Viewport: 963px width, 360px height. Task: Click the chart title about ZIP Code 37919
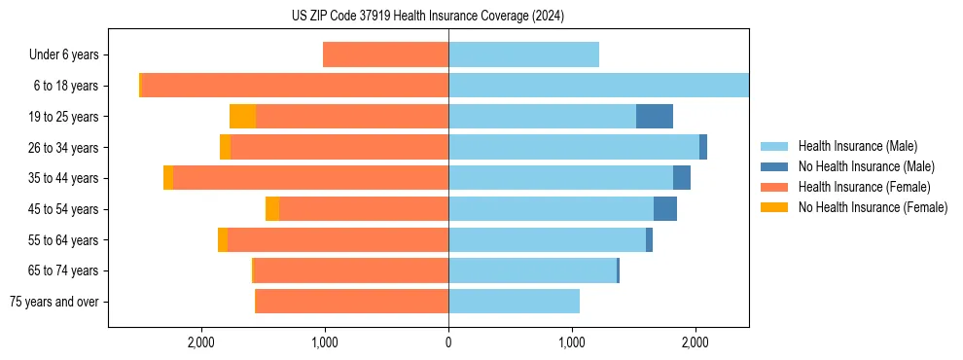[427, 17]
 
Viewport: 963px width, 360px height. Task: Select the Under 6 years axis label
[63, 55]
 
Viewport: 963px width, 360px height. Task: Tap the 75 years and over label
[53, 302]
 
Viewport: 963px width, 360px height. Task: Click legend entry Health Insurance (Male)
[857, 147]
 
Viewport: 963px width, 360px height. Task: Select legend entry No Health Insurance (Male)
[866, 166]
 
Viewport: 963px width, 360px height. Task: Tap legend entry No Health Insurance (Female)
[872, 207]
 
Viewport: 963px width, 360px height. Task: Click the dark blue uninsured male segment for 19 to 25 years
[655, 117]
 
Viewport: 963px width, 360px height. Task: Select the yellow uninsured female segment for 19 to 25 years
[242, 117]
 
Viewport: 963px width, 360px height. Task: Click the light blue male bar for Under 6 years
[523, 55]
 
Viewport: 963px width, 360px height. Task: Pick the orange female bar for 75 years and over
[351, 302]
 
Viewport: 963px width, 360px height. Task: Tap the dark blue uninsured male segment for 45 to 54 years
[665, 209]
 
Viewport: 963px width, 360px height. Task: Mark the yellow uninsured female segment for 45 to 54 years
[272, 209]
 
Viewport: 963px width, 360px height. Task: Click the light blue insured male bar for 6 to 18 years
[598, 86]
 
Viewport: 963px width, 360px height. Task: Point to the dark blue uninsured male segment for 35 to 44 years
[682, 178]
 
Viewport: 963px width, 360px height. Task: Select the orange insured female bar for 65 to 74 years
[350, 270]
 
